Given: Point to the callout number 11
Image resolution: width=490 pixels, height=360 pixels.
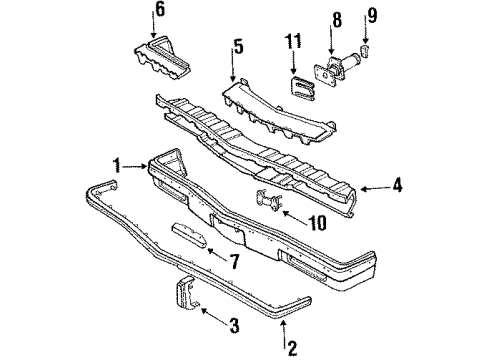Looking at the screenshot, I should pyautogui.click(x=293, y=41).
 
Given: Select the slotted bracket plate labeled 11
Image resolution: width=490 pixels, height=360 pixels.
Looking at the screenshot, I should pyautogui.click(x=301, y=85).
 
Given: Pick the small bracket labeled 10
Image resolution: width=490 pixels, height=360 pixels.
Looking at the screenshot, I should pyautogui.click(x=267, y=200).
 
